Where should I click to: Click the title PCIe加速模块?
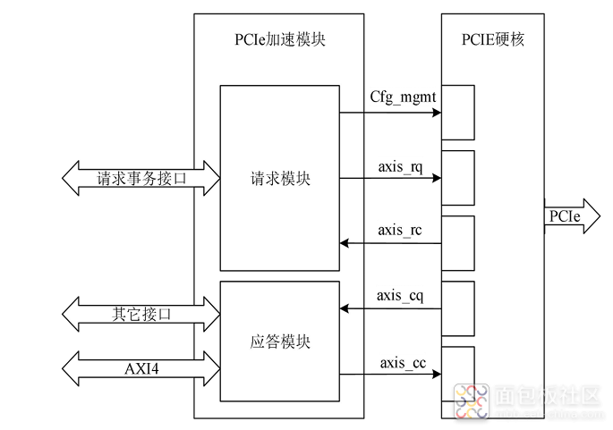coord(280,39)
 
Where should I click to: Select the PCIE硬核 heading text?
coord(492,39)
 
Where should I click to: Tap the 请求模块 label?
coord(280,179)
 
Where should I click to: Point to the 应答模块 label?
coord(280,341)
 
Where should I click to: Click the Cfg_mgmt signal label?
coord(403,97)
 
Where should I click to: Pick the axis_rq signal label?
coord(400,167)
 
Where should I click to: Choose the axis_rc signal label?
coord(399,230)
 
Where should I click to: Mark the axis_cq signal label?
coord(400,296)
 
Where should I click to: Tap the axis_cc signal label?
coord(403,363)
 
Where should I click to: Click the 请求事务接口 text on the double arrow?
coord(141,179)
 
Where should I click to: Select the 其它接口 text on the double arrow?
coord(141,314)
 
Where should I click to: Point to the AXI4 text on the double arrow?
coord(141,368)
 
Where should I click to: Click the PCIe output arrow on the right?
coord(573,216)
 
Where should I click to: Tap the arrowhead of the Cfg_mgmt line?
coord(437,113)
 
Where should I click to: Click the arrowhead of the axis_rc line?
coord(345,243)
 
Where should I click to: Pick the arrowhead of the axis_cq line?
coord(345,308)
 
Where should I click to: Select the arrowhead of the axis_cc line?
coord(437,375)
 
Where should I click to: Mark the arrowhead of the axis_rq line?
coord(437,178)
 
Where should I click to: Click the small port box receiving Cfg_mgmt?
coord(458,113)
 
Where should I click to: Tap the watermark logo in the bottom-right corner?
coord(472,402)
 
